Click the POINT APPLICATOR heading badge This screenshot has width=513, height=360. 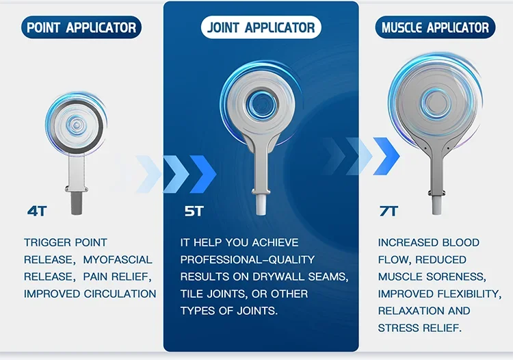click(81, 28)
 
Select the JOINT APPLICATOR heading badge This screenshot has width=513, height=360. click(261, 28)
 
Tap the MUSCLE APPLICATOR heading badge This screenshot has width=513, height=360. click(435, 28)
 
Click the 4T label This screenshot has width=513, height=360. click(37, 211)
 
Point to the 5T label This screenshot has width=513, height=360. click(194, 211)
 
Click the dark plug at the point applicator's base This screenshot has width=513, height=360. click(76, 202)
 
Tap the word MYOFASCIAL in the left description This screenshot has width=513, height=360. click(118, 259)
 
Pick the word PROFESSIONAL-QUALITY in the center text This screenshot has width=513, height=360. click(248, 259)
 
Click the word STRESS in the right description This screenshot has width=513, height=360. click(400, 328)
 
